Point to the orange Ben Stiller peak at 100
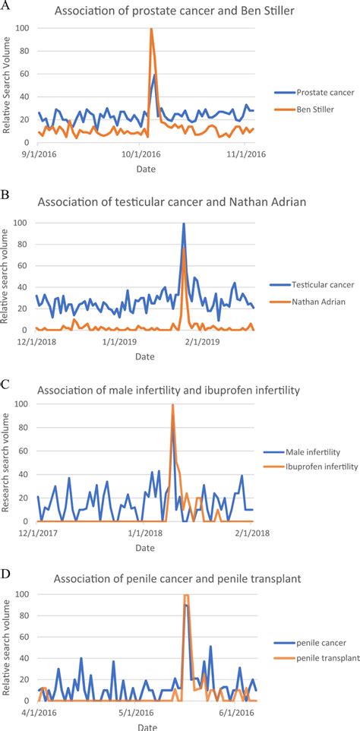pyautogui.click(x=152, y=30)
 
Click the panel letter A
pyautogui.click(x=7, y=5)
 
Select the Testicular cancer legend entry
pyautogui.click(x=323, y=284)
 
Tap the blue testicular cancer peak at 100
pyautogui.click(x=183, y=223)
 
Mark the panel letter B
pyautogui.click(x=6, y=194)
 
